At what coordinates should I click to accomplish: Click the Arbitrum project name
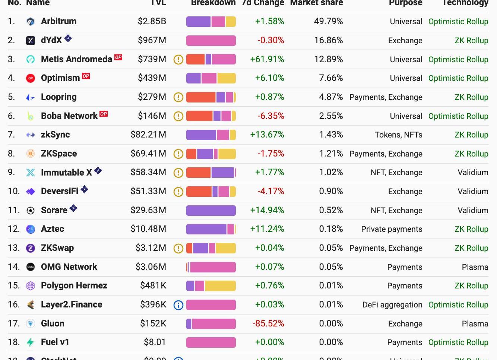pos(58,21)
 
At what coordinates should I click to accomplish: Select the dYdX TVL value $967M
pos(152,40)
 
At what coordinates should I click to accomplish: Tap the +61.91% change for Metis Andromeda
pos(267,59)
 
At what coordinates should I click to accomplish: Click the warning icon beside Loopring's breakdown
pos(178,97)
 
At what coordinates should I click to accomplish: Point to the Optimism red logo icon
pos(31,78)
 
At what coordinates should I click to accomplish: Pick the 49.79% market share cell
pos(328,21)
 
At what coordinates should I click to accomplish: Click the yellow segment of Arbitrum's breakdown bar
pos(231,22)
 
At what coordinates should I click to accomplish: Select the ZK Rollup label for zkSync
pos(471,135)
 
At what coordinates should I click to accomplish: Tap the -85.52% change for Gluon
pos(268,323)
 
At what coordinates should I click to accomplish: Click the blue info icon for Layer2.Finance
pos(178,305)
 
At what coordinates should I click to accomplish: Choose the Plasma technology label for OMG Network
pos(475,267)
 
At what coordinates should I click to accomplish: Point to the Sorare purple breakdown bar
pos(211,211)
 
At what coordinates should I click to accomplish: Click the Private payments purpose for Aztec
pos(392,229)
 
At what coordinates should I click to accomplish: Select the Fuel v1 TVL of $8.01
pos(155,342)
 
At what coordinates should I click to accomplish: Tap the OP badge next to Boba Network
pos(104,114)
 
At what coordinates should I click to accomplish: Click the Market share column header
pos(316,3)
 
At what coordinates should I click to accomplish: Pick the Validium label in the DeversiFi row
pos(473,192)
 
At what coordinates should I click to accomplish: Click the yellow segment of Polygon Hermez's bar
pos(220,286)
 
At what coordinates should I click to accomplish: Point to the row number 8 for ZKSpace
pos(11,154)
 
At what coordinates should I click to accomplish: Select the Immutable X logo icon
pos(31,173)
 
